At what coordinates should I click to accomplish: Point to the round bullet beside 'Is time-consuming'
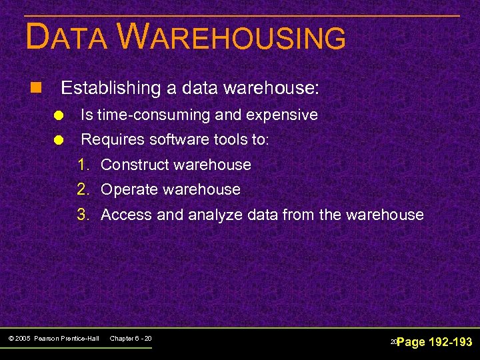coord(59,115)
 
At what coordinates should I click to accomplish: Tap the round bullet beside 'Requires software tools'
coord(59,141)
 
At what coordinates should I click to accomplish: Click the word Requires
coord(110,140)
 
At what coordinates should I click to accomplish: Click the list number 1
coord(83,165)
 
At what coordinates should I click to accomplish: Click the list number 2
coord(83,189)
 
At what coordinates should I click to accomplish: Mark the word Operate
coord(128,189)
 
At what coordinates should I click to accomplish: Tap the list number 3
coord(83,215)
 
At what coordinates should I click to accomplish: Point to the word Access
coord(126,215)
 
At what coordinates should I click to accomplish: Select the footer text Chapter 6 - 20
coord(131,339)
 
